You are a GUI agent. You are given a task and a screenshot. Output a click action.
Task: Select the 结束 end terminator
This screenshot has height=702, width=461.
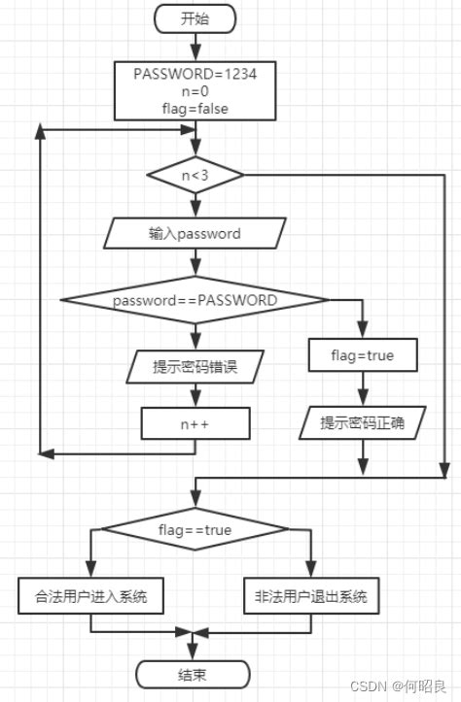[193, 674]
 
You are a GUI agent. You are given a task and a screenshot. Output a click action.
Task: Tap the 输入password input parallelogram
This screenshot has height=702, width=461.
[195, 234]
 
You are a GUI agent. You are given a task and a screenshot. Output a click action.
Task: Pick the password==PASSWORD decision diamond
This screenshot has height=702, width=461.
[195, 301]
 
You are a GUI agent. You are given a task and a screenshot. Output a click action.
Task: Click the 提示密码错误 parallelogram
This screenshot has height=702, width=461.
[195, 367]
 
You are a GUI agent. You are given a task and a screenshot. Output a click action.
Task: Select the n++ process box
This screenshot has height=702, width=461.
[195, 423]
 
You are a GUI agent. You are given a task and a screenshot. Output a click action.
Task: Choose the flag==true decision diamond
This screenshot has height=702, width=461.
[195, 530]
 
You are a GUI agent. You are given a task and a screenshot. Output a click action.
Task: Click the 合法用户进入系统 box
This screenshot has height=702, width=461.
[90, 596]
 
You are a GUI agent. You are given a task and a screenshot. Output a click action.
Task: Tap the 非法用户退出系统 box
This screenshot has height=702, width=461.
[311, 596]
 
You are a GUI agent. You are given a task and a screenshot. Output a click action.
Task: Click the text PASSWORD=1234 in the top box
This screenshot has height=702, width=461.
[195, 74]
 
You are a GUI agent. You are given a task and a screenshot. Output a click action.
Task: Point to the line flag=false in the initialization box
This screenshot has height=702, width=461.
[195, 109]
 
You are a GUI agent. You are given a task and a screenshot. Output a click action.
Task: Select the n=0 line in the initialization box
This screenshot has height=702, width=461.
[195, 91]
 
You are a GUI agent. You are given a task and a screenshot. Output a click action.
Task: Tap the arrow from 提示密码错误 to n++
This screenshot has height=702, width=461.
[195, 395]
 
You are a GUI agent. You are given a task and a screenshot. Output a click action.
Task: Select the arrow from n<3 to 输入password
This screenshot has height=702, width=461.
[195, 206]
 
